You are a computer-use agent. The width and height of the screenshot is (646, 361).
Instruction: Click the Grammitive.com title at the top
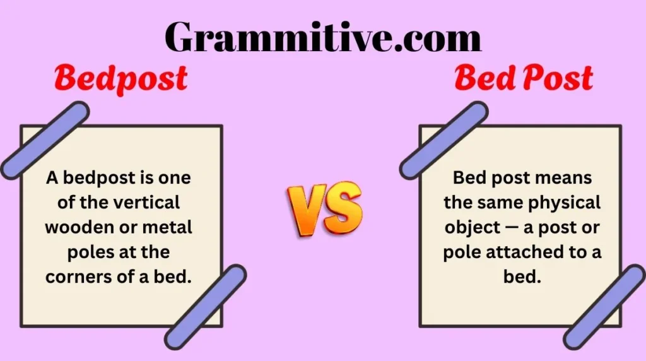tap(323, 37)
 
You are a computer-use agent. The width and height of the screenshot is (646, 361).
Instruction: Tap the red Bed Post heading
tap(523, 79)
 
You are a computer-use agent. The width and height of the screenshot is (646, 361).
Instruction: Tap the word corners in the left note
tap(74, 277)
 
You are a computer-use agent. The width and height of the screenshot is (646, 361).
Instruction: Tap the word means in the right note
tap(563, 178)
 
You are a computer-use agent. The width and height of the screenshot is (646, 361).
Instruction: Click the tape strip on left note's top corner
tap(45, 140)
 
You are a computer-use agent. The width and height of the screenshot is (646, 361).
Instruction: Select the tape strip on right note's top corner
tap(443, 140)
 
